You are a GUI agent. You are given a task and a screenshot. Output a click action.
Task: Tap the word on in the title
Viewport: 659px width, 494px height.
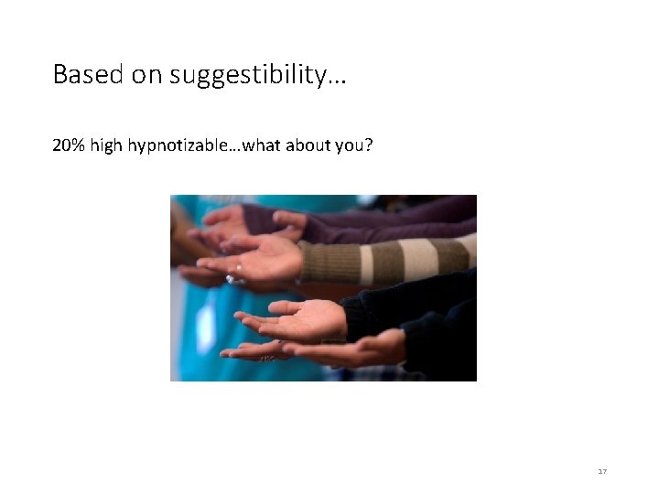146,75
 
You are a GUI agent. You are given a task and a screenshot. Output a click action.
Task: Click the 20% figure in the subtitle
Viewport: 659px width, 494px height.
69,145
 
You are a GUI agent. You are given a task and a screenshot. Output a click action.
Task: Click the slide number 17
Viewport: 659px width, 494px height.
601,470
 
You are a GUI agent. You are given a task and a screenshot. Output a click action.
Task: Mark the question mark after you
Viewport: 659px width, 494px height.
368,145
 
